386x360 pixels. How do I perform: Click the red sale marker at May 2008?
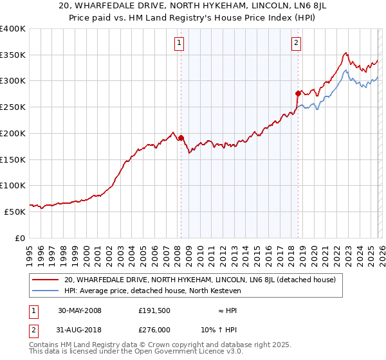tap(181, 138)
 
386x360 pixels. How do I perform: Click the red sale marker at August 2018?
tap(298, 93)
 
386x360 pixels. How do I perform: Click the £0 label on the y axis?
tap(19, 238)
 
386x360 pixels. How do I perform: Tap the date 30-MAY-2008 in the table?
tap(80, 310)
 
